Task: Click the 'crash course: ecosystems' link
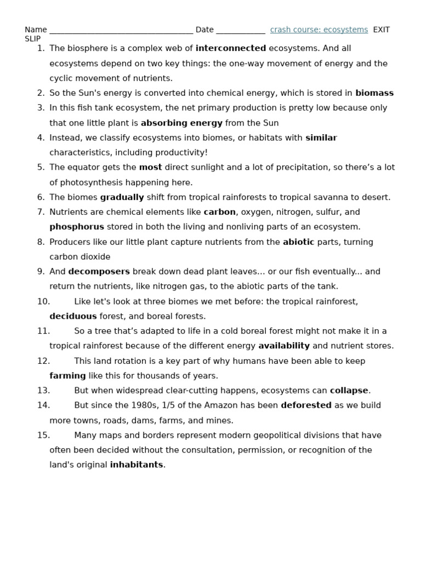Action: [x=318, y=30]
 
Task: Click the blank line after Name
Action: [x=121, y=31]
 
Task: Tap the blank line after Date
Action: [x=240, y=31]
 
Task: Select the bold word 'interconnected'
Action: [x=231, y=48]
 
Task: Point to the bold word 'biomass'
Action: [x=374, y=93]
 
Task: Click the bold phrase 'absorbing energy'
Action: [x=181, y=123]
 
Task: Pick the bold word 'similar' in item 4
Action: [x=321, y=138]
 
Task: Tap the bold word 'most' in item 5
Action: [x=150, y=168]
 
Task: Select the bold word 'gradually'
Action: [x=122, y=197]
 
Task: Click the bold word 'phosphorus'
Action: [x=77, y=227]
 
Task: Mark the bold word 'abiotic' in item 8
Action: [x=298, y=242]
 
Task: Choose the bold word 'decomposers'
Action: [x=99, y=272]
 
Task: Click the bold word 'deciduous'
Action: [x=73, y=316]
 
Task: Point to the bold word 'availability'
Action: [x=284, y=346]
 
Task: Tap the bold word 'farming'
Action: [x=67, y=376]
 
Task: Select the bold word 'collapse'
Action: [x=349, y=391]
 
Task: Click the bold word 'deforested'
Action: [x=306, y=405]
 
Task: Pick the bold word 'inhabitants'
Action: [x=136, y=465]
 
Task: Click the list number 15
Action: [x=43, y=436]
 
